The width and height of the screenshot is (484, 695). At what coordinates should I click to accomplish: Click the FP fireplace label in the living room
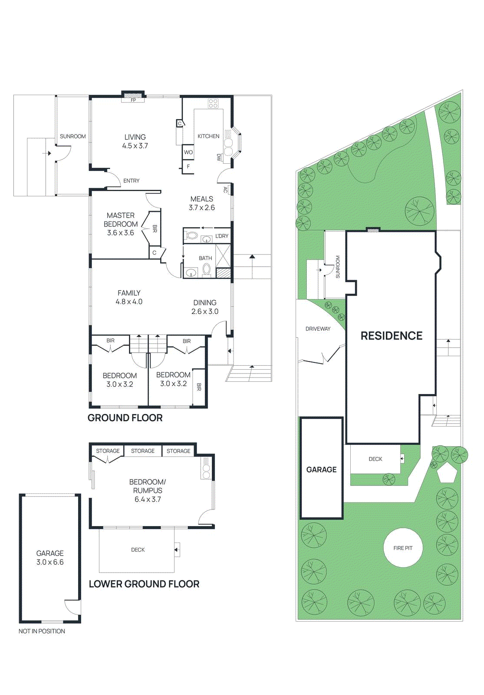pos(133,100)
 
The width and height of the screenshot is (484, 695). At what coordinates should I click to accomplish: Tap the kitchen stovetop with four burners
pos(213,103)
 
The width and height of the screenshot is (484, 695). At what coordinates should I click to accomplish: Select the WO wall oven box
pos(188,152)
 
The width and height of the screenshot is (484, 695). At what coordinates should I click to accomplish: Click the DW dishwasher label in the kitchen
pos(219,157)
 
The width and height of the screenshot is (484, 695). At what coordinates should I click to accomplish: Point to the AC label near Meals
pos(225,189)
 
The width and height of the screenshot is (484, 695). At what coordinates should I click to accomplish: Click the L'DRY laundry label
pos(222,236)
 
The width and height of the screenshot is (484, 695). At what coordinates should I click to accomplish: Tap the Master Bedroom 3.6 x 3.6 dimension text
pos(121,233)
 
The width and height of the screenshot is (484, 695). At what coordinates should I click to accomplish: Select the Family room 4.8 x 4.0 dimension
pos(129,302)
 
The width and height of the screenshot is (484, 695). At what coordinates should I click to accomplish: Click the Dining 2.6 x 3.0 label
pos(205,311)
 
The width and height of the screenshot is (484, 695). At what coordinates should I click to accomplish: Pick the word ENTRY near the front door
pos(132,181)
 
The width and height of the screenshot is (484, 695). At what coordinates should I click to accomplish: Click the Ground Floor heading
pos(125,418)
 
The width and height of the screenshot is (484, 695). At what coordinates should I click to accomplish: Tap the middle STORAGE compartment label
pos(143,451)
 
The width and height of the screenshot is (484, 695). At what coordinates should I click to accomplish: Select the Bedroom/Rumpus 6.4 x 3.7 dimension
pos(148,500)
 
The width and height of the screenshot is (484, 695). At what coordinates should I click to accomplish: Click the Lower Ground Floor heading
pos(144,584)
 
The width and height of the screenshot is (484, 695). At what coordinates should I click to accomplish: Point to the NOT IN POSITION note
pos(42,631)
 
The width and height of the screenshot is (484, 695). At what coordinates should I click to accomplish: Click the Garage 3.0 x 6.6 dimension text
pos(50,562)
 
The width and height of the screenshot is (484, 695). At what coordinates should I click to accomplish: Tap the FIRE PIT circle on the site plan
pos(403,548)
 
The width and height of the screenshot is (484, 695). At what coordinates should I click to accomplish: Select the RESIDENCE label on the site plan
pos(392,336)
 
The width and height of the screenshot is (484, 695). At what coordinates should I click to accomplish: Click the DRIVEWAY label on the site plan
pos(318,329)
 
